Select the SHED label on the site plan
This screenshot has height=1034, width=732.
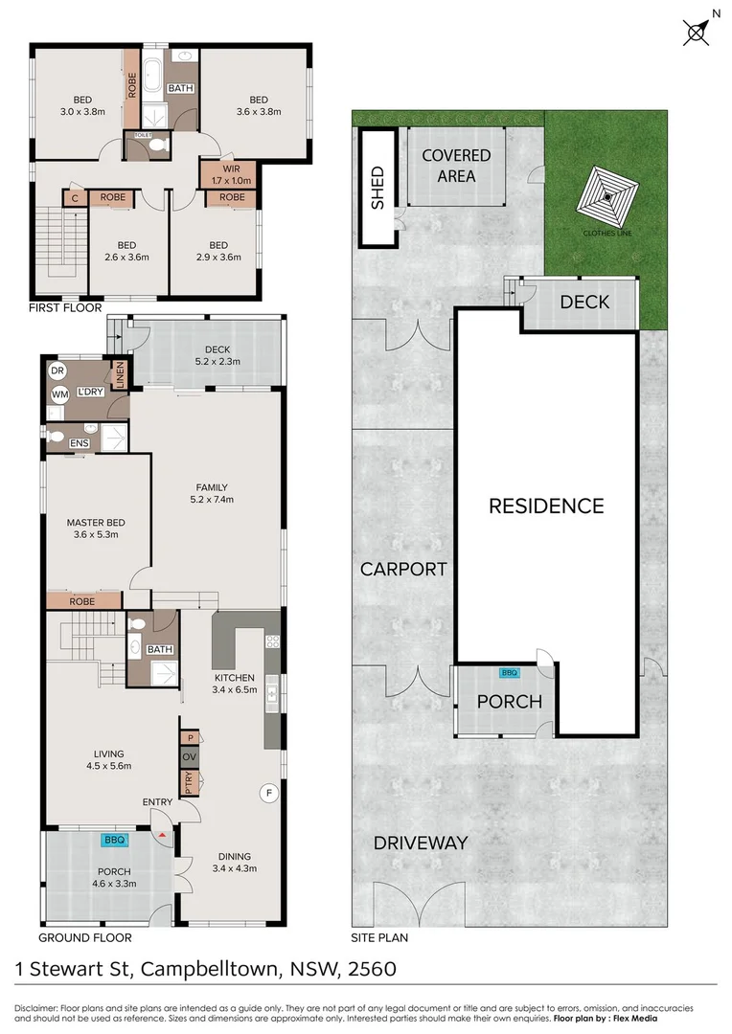pos(377,188)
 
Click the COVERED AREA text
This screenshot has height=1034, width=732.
pos(456,166)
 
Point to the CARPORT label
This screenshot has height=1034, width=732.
pos(403,569)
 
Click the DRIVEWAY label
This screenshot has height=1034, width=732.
pos(421,843)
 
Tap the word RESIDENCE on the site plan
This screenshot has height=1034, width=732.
pos(546,506)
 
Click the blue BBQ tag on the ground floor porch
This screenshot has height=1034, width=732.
pos(114,841)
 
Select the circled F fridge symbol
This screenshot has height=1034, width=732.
pos(268,793)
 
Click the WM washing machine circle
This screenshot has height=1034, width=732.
pos(60,395)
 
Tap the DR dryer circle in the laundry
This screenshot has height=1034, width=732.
pos(57,371)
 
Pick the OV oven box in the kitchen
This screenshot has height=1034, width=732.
pos(190,756)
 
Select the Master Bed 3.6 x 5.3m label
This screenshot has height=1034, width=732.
pos(96,528)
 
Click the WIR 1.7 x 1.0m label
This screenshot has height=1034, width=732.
pos(231,175)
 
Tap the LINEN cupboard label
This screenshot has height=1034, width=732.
pos(120,373)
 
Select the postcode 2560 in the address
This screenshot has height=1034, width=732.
pos(373,968)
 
